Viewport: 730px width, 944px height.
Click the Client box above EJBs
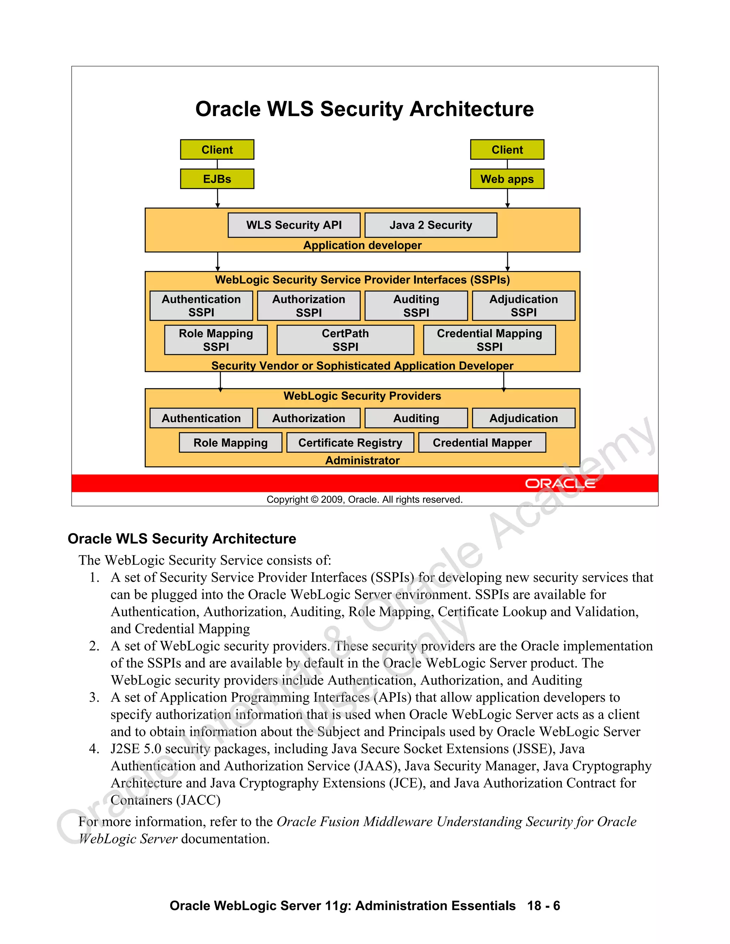217,150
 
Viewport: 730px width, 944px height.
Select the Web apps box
507,179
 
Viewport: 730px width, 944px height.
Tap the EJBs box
217,179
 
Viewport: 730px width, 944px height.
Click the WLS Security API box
294,225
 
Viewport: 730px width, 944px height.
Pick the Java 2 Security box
431,225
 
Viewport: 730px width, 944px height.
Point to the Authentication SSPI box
201,306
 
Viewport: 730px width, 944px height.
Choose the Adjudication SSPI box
523,306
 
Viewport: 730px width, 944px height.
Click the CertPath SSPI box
345,340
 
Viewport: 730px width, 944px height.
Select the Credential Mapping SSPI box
489,340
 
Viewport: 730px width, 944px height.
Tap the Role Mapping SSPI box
216,340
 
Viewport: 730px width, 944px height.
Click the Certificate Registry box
350,442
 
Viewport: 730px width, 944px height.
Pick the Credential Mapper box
482,442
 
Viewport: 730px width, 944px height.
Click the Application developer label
363,245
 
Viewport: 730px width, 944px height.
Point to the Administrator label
363,460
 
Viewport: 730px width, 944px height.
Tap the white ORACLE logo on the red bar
560,483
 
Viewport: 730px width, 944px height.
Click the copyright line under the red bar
365,500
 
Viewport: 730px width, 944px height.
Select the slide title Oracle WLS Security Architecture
365,109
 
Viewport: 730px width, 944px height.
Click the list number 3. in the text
94,697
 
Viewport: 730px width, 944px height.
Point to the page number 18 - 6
544,906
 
